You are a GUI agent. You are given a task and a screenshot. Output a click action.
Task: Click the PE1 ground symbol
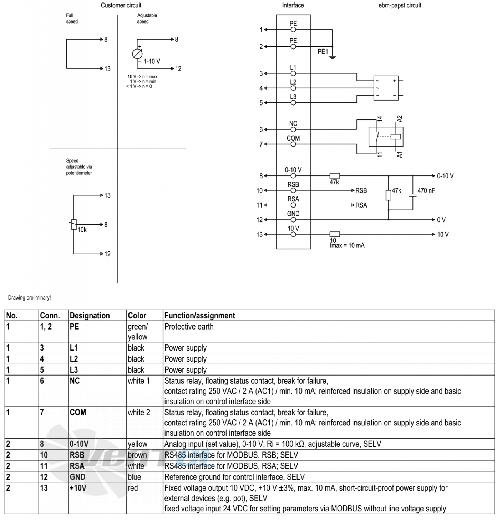tap(333, 56)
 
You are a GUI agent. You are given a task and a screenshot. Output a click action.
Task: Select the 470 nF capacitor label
tap(426, 191)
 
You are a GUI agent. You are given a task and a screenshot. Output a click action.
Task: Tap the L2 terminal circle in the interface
tap(293, 88)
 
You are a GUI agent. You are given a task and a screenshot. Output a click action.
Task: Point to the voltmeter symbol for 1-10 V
tap(137, 54)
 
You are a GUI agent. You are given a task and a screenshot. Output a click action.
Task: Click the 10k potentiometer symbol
tap(73, 224)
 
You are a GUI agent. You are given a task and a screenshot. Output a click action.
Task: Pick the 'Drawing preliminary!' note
tap(29, 298)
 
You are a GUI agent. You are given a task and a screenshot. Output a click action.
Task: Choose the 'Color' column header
tap(137, 315)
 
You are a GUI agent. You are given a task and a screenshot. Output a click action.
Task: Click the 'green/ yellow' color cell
tap(138, 331)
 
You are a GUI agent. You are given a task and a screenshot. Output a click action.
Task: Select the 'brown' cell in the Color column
tap(137, 455)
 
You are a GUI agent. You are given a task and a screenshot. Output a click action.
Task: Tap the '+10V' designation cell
tap(78, 488)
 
